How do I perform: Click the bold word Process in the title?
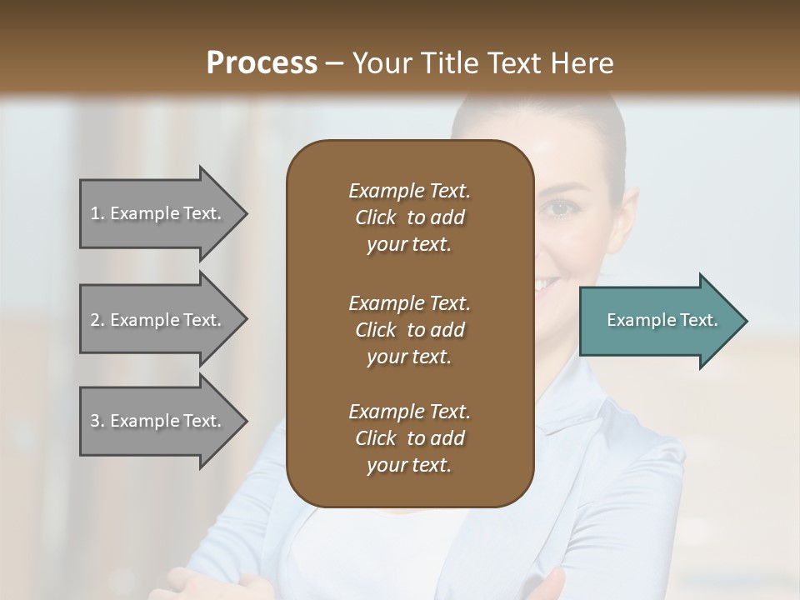point(262,63)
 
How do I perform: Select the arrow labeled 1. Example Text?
point(158,213)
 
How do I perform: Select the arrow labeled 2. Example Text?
point(158,320)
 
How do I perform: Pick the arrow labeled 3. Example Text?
point(158,421)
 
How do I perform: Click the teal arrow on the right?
point(658,321)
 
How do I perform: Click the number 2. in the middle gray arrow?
point(97,320)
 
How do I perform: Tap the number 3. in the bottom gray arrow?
point(97,421)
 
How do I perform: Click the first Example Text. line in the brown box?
point(409,191)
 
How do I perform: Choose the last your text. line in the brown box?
point(409,465)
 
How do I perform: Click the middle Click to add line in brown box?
point(409,330)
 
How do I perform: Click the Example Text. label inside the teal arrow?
point(662,320)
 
